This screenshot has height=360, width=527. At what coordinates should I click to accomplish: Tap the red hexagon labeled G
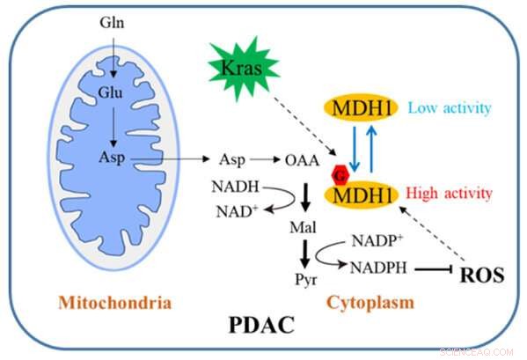[340, 175]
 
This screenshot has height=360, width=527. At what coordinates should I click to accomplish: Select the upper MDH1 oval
[361, 108]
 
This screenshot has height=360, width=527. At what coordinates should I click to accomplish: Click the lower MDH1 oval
[362, 195]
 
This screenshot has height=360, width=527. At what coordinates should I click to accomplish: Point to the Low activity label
[450, 108]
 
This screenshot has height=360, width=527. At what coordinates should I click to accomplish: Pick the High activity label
[449, 194]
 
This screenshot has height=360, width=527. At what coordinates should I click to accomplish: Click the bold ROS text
[482, 275]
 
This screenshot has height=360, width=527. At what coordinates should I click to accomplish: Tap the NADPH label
[379, 268]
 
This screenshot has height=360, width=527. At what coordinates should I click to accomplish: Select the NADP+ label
[377, 240]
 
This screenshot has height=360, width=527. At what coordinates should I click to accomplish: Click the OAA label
[302, 160]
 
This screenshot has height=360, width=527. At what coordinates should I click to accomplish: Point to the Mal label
[304, 228]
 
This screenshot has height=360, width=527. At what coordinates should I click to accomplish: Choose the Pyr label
[306, 280]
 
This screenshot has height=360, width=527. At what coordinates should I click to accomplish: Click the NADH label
[235, 187]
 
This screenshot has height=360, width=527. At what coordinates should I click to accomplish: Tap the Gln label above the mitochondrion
[112, 23]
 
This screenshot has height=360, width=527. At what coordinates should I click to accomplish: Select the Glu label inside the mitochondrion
[110, 92]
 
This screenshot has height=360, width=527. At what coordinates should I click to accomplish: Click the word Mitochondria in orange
[115, 303]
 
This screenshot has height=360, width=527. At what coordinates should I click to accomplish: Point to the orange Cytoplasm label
[370, 303]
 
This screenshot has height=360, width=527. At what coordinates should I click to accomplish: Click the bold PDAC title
[261, 325]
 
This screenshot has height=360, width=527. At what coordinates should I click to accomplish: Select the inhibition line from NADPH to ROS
[434, 269]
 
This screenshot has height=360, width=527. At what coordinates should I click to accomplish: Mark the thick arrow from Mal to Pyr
[304, 254]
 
